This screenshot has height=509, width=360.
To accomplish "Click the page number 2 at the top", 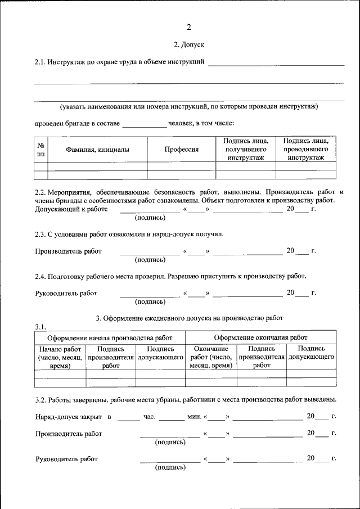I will click(189, 26).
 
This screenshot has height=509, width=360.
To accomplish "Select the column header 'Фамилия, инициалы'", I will click(97, 150).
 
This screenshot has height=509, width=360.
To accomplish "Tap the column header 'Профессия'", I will click(181, 150).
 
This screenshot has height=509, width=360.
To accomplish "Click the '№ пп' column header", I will click(40, 149).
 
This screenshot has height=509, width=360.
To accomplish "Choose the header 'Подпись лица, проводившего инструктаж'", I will click(306, 150).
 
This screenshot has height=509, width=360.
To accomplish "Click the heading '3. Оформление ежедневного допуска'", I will click(189, 318).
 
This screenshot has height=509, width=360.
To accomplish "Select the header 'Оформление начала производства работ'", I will click(110, 337).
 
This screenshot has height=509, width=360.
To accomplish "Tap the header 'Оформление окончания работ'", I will click(261, 337).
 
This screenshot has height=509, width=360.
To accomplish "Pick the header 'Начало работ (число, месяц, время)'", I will click(60, 357).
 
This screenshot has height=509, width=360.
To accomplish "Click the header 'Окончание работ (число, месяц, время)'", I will click(211, 357).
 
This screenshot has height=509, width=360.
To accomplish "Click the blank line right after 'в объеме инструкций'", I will click(276, 62).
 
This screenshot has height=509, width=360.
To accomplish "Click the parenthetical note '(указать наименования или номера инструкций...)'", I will click(189, 106).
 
